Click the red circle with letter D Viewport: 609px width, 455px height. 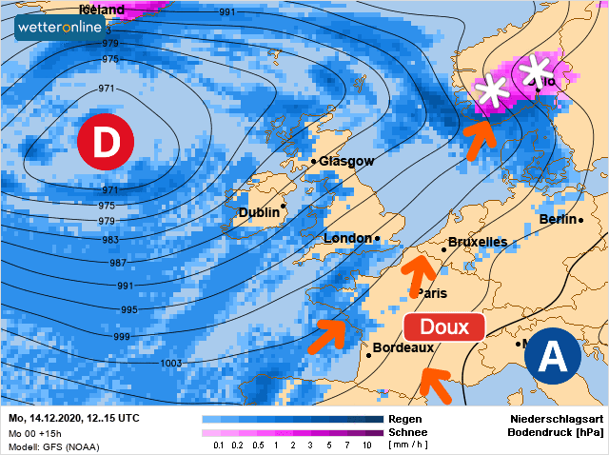pyautogui.click(x=105, y=142)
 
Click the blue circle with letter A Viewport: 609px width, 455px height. pyautogui.click(x=553, y=357)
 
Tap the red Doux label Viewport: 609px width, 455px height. pyautogui.click(x=444, y=326)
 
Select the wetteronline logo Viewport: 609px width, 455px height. pyautogui.click(x=59, y=29)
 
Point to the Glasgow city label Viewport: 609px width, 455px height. pyautogui.click(x=346, y=161)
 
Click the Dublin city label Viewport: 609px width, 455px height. pyautogui.click(x=259, y=212)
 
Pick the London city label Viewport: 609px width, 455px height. pyautogui.click(x=347, y=238)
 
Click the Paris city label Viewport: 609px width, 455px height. pyautogui.click(x=433, y=293)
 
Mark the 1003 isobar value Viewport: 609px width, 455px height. pyautogui.click(x=171, y=363)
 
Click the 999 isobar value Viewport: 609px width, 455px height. pyautogui.click(x=122, y=337)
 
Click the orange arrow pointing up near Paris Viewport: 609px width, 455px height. pyautogui.click(x=416, y=275)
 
